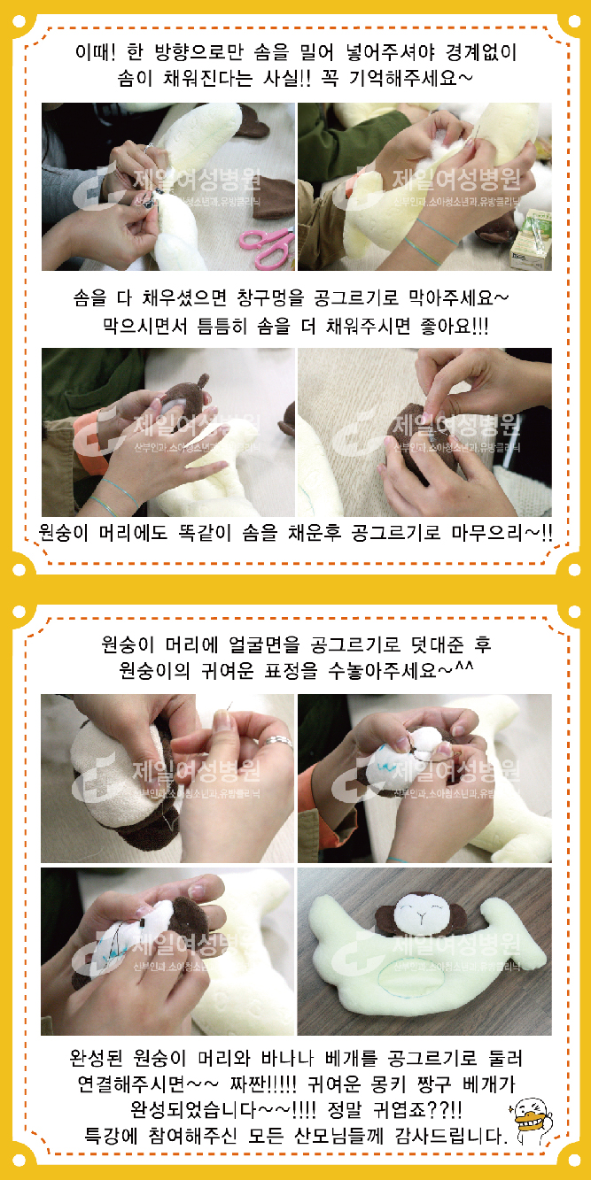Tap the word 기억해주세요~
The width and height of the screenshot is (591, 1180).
411,79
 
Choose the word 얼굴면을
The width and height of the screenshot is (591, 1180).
264,644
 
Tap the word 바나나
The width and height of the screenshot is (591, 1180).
287,1057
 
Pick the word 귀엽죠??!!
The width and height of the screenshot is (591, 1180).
417,1110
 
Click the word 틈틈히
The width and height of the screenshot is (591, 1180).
222,326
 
